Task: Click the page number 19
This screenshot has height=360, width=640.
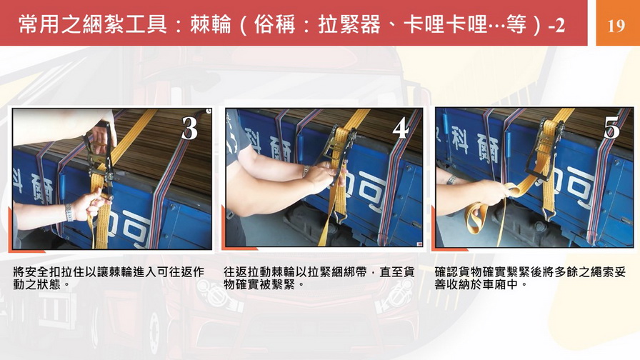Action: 616,25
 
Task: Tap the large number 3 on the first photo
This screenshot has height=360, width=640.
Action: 189,128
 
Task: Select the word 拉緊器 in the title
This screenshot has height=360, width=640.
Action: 349,24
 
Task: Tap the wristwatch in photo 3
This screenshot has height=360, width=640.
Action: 69,212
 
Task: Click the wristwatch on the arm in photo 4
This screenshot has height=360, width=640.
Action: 305,171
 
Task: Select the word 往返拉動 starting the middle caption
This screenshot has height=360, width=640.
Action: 247,272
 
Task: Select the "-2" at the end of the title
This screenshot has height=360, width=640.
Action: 556,25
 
